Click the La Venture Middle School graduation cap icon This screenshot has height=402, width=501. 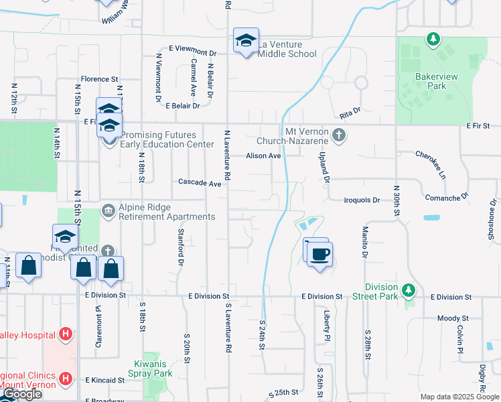pyautogui.click(x=246, y=40)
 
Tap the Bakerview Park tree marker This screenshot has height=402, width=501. pyautogui.click(x=433, y=39)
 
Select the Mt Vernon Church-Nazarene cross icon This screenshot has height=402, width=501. pyautogui.click(x=340, y=135)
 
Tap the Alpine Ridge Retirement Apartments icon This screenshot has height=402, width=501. pyautogui.click(x=107, y=211)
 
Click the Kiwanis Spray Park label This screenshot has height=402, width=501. pyautogui.click(x=149, y=369)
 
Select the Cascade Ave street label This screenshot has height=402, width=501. pyautogui.click(x=200, y=183)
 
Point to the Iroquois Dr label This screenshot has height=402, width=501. pyautogui.click(x=362, y=200)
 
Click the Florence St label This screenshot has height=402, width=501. pyautogui.click(x=99, y=79)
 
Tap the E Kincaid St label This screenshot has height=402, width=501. pyautogui.click(x=105, y=380)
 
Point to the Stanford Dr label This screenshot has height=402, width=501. pyautogui.click(x=181, y=247)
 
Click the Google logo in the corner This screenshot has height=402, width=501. pyautogui.click(x=21, y=395)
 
